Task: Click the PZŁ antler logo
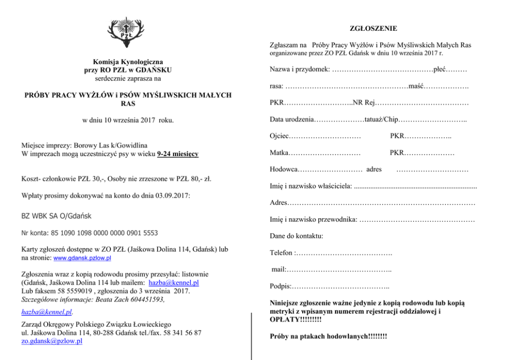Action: (x=124, y=31)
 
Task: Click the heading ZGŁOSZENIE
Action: (x=374, y=28)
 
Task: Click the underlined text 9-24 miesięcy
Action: (x=178, y=154)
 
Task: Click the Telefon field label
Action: (x=282, y=253)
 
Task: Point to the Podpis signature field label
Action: (x=280, y=286)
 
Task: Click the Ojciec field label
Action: (x=280, y=136)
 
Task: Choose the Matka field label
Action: (x=279, y=153)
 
